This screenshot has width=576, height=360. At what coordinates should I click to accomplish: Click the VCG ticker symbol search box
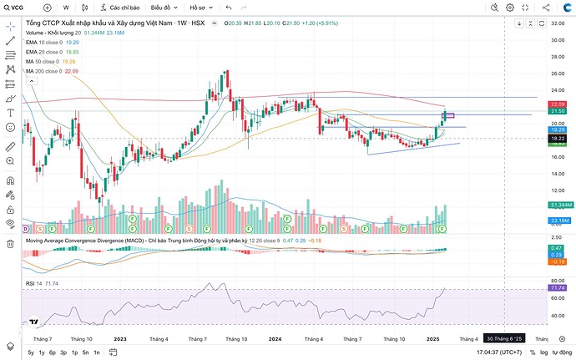(17, 7)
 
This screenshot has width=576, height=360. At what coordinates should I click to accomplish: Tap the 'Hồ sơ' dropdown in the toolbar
(201, 7)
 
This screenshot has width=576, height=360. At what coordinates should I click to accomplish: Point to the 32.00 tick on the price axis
(557, 24)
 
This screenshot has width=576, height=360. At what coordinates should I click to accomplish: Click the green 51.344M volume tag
(559, 205)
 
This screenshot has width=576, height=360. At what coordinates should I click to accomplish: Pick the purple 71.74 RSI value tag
(558, 288)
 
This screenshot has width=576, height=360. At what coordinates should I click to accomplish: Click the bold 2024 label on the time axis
(275, 338)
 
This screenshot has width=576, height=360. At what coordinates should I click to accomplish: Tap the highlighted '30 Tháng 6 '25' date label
(507, 338)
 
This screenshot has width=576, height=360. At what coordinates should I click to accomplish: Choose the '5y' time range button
(31, 353)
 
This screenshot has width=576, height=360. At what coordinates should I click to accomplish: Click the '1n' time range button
(96, 353)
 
